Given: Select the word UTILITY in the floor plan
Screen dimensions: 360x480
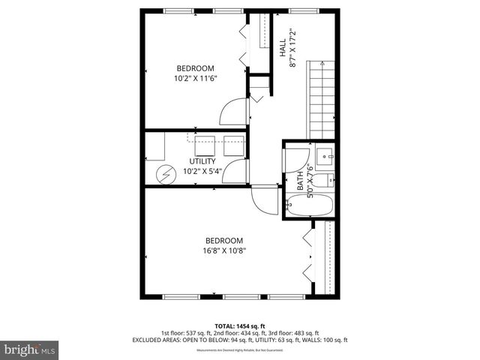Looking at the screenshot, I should click(x=202, y=161).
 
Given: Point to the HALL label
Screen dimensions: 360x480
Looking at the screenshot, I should click(x=283, y=50).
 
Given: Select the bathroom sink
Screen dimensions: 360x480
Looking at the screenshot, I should click(x=325, y=157).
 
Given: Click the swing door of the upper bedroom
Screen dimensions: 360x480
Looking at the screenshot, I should click(x=233, y=113).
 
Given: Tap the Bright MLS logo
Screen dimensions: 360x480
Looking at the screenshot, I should click(x=29, y=350).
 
